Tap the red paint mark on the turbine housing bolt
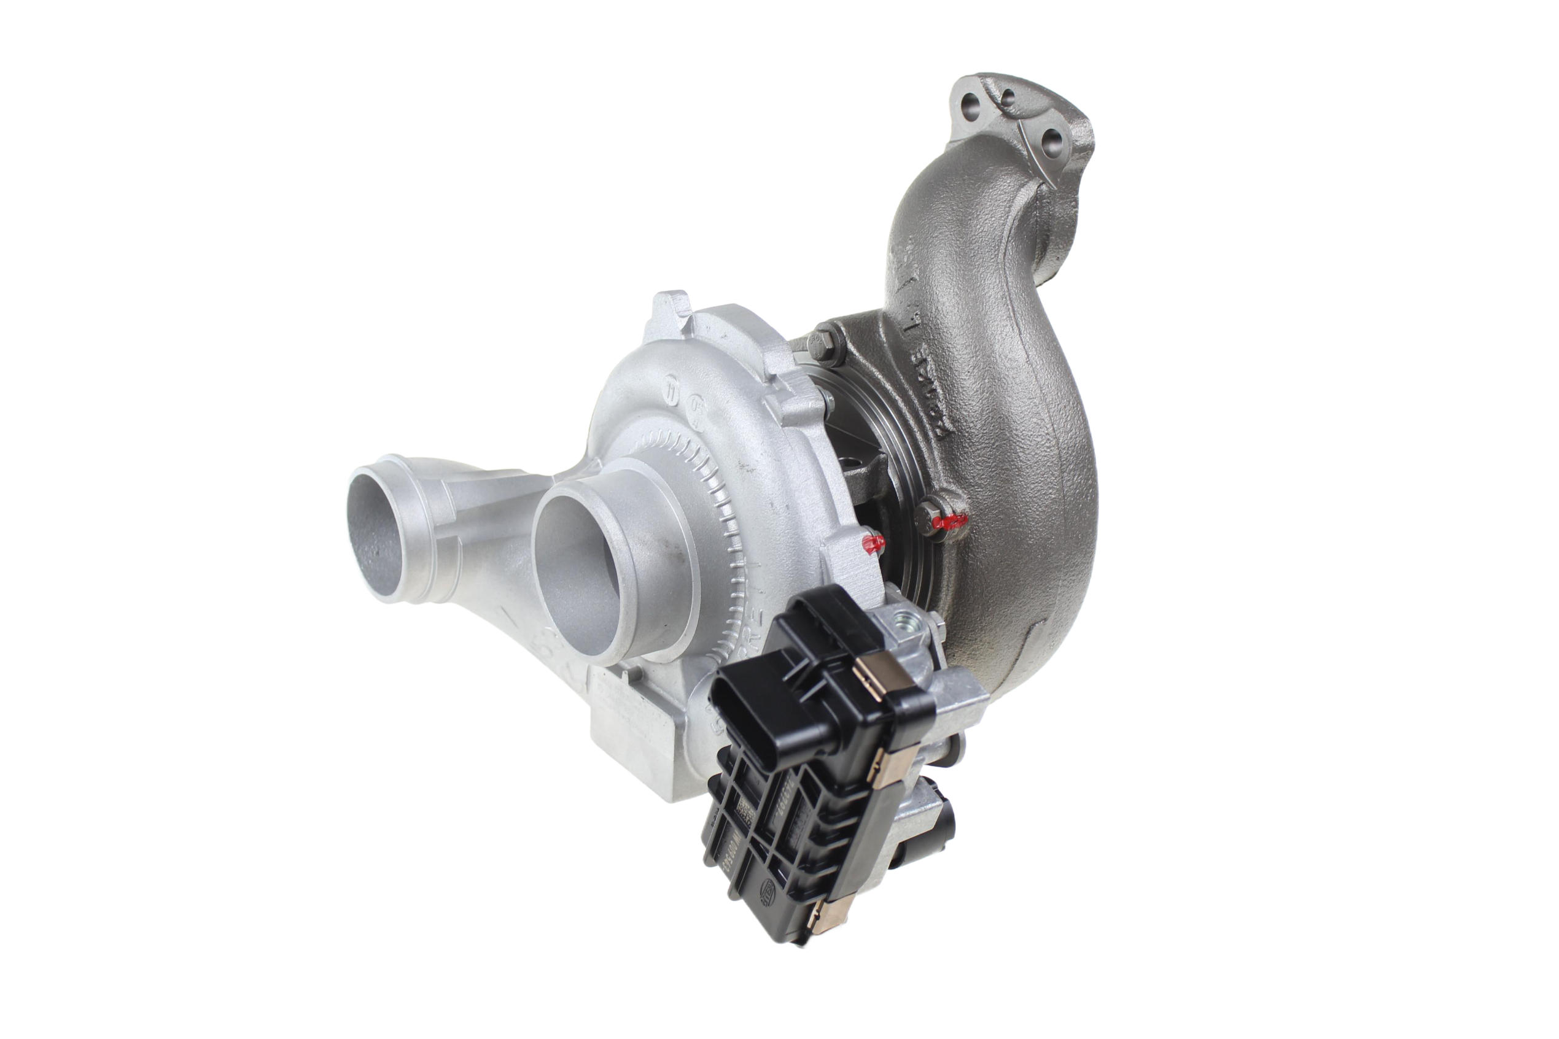(949, 522)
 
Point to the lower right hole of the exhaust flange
(1052, 141)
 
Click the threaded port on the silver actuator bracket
(903, 624)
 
